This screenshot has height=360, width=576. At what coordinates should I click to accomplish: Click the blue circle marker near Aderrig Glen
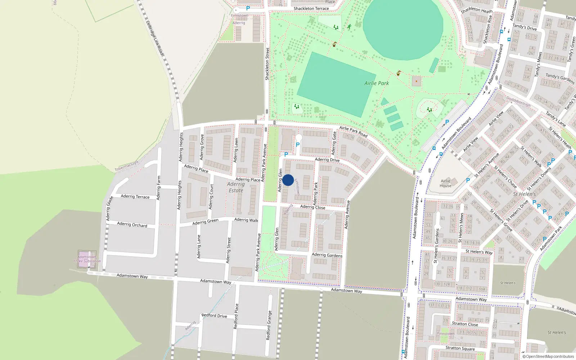click(288, 180)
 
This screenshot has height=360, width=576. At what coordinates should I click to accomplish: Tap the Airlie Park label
click(377, 83)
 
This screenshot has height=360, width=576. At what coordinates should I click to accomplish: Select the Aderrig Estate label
click(236, 187)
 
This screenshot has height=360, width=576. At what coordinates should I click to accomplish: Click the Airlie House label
click(445, 183)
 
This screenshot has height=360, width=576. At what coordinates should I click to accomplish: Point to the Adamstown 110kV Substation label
click(87, 259)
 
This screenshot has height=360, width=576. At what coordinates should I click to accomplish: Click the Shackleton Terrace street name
click(311, 9)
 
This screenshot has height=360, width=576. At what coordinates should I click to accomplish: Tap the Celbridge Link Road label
click(155, 38)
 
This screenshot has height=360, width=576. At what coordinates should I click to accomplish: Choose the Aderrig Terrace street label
click(135, 197)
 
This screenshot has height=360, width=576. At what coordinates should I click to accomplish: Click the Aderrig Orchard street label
click(132, 225)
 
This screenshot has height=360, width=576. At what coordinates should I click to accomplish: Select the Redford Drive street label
click(214, 316)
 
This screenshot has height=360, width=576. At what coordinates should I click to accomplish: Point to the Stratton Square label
click(460, 348)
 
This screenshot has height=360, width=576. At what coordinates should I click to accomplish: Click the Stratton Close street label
click(465, 324)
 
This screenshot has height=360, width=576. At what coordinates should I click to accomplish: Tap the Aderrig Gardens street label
click(327, 255)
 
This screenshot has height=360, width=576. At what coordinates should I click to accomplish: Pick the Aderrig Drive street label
click(327, 159)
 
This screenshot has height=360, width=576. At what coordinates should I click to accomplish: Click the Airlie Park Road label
click(353, 132)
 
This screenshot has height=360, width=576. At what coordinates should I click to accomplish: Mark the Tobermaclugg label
click(126, 166)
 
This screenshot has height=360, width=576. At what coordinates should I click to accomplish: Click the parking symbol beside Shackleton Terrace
click(248, 8)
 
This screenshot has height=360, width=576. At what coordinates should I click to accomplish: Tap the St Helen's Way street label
click(479, 252)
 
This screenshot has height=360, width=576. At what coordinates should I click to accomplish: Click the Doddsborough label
click(518, 101)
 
